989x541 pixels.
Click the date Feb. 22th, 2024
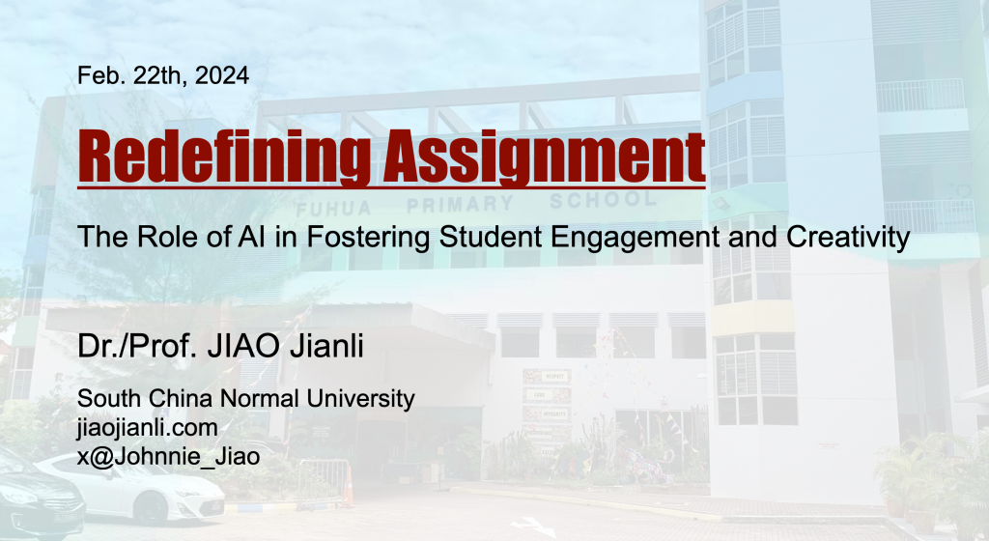click(x=162, y=75)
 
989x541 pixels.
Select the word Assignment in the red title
click(x=545, y=156)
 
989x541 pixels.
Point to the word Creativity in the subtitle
click(x=848, y=238)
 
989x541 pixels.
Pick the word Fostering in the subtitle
click(x=368, y=238)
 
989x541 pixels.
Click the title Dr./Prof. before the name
click(x=138, y=346)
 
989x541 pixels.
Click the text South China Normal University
click(x=246, y=398)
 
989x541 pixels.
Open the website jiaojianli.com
click(x=148, y=428)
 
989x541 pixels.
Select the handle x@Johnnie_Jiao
click(x=168, y=457)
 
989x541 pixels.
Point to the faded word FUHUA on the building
click(x=333, y=209)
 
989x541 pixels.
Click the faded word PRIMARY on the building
click(x=460, y=204)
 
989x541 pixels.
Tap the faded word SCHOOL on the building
click(x=603, y=200)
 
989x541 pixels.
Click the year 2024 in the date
click(x=222, y=75)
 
